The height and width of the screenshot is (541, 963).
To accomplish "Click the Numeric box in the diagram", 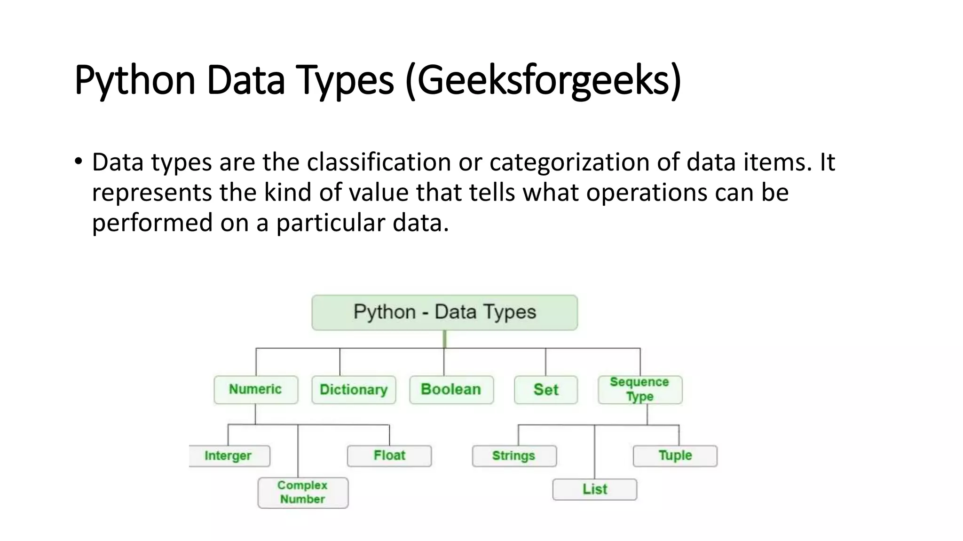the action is pyautogui.click(x=255, y=389).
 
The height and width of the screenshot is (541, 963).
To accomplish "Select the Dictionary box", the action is pyautogui.click(x=354, y=389).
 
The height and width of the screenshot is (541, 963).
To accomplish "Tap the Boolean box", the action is pyautogui.click(x=451, y=389).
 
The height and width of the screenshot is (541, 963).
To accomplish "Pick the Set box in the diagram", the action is pyautogui.click(x=545, y=389).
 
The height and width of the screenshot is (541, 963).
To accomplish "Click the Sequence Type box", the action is pyautogui.click(x=639, y=389).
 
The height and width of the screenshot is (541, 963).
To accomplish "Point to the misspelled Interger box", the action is pyautogui.click(x=229, y=456).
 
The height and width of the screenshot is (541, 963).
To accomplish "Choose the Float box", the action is pyautogui.click(x=389, y=456).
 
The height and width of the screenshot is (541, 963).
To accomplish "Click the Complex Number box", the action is pyautogui.click(x=303, y=492).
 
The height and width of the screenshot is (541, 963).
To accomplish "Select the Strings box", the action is pyautogui.click(x=514, y=456).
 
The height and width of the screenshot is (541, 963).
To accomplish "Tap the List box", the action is pyautogui.click(x=595, y=489).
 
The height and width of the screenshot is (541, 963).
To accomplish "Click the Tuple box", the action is pyautogui.click(x=675, y=456).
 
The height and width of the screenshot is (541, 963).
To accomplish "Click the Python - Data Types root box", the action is pyautogui.click(x=444, y=312).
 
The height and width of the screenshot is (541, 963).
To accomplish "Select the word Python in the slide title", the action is pyautogui.click(x=134, y=81).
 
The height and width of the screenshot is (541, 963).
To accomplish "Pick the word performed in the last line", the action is pyautogui.click(x=152, y=223).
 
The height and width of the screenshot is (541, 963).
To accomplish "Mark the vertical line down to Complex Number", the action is pyautogui.click(x=298, y=451).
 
